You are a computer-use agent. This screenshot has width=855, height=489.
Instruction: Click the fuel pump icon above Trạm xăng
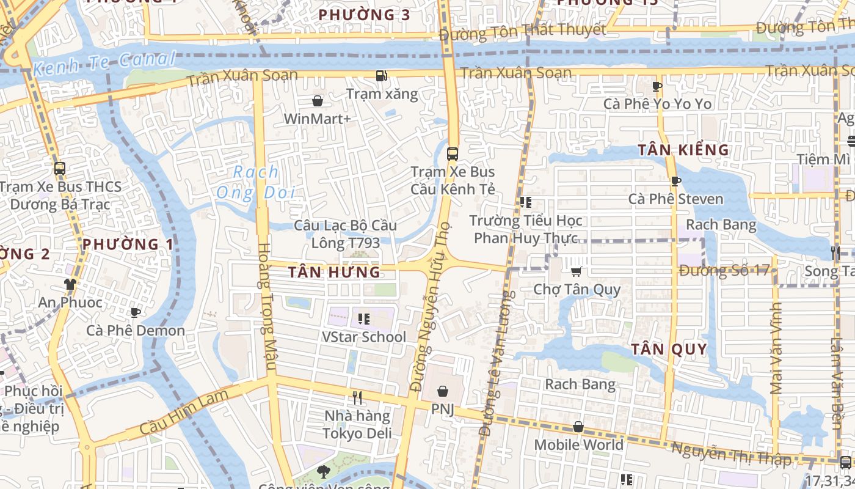(x=382, y=76)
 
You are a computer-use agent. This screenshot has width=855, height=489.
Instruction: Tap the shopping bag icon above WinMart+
(x=318, y=100)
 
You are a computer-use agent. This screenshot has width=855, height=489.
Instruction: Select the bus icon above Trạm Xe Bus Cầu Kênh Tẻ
(x=453, y=154)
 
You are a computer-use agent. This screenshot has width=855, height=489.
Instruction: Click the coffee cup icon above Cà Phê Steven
(x=675, y=181)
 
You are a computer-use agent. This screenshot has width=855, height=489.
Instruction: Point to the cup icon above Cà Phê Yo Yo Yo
(x=657, y=86)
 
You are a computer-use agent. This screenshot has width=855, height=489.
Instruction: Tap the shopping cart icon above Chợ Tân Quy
(x=576, y=271)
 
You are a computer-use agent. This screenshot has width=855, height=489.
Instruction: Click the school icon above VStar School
(x=364, y=318)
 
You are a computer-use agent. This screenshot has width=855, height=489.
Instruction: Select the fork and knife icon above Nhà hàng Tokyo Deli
(x=357, y=398)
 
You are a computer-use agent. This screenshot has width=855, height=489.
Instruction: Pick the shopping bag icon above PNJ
(x=443, y=391)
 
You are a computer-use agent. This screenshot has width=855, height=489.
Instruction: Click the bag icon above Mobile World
(x=578, y=427)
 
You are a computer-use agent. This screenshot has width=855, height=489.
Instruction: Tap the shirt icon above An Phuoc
(x=70, y=284)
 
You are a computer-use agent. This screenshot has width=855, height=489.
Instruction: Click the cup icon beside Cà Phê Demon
(x=136, y=312)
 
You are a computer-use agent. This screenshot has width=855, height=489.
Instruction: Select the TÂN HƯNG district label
(x=334, y=272)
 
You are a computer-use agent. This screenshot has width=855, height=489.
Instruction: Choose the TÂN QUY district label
(x=669, y=350)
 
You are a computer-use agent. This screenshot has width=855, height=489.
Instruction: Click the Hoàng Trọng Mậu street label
(x=267, y=306)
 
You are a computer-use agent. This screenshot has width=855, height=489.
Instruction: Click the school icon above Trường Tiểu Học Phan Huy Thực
(x=525, y=202)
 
